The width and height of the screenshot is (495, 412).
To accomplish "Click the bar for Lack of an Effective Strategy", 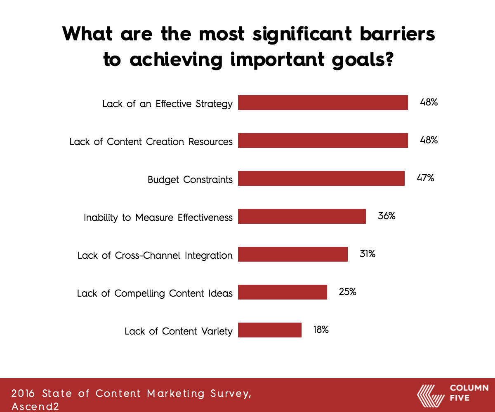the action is [x=323, y=103].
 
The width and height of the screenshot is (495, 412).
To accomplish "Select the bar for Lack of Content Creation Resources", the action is [x=323, y=140].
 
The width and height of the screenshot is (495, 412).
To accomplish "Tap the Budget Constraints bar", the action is [x=321, y=178].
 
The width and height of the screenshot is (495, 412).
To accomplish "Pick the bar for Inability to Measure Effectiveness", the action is [x=302, y=216].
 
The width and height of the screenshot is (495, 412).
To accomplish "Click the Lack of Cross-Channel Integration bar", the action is [x=293, y=254].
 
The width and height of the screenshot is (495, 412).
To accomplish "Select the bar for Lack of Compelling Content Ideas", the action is [x=283, y=292].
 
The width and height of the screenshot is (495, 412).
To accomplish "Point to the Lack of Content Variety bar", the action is [x=270, y=330].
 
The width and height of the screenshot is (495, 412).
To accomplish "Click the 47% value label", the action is [x=426, y=178].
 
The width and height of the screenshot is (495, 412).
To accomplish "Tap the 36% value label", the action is [x=387, y=216].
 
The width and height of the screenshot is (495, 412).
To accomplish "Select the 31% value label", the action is [x=368, y=254].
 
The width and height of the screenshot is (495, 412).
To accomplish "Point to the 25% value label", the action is [x=348, y=292].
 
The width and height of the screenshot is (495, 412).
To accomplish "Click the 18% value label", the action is [x=321, y=330].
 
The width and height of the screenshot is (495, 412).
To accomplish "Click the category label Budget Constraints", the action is [x=190, y=180].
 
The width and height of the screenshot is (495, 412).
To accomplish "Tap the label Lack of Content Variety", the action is [x=179, y=331].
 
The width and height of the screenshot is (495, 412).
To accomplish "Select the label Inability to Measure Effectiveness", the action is [x=158, y=218].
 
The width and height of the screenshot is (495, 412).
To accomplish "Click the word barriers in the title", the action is [x=397, y=34].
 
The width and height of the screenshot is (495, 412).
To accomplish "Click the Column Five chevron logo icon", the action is [x=431, y=396].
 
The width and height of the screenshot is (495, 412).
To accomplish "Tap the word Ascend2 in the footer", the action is [x=35, y=407].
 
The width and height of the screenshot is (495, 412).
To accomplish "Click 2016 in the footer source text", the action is [x=23, y=393].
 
